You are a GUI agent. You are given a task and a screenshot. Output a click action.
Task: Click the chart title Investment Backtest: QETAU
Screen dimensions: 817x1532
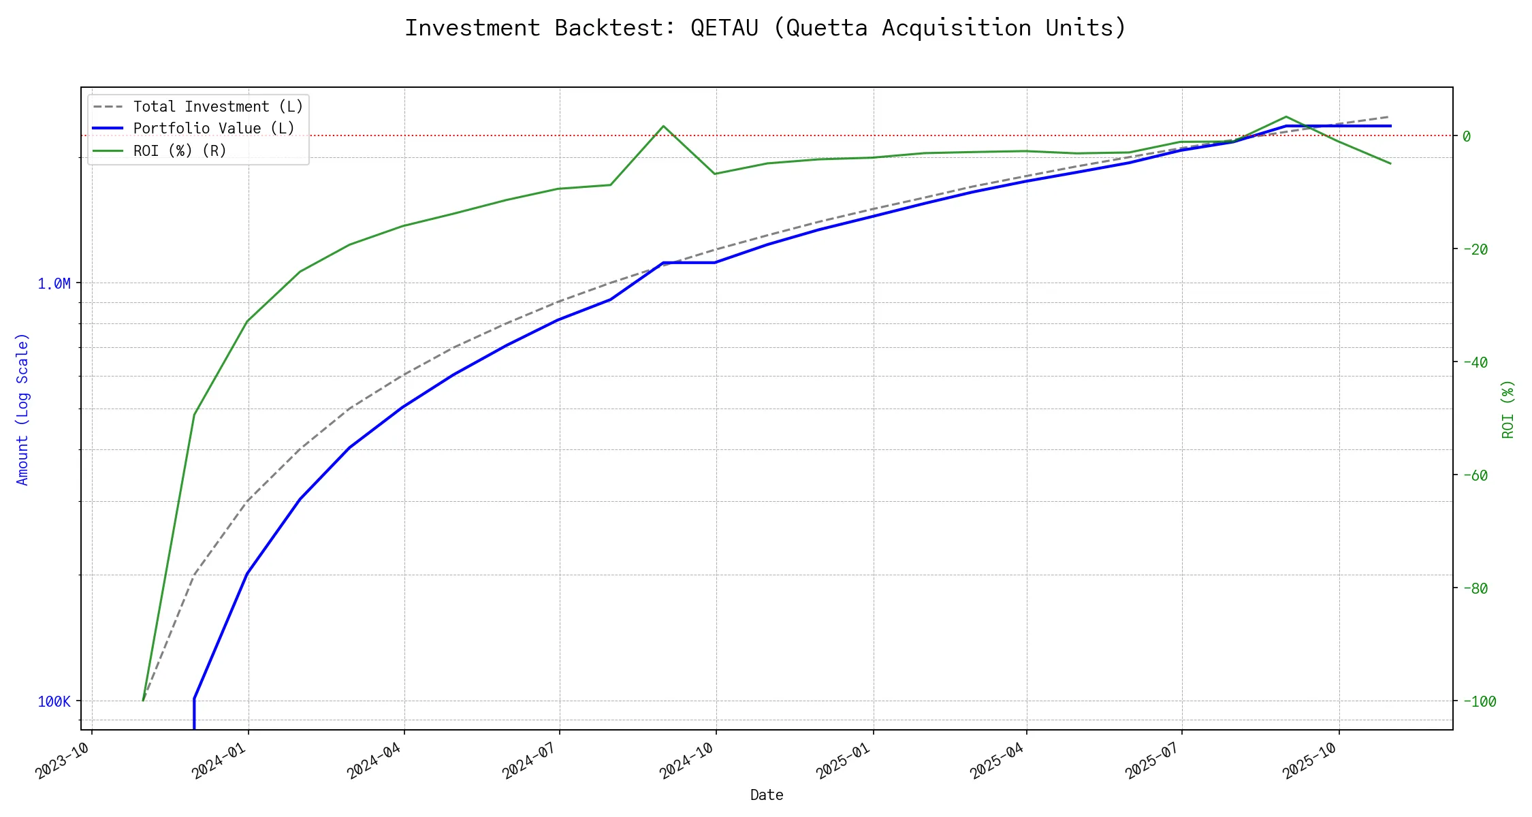pos(765,28)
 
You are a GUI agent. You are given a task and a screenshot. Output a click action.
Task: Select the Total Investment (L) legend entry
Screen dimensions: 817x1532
pos(218,107)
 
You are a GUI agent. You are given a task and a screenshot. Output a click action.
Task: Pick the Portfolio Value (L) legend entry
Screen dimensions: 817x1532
pos(214,129)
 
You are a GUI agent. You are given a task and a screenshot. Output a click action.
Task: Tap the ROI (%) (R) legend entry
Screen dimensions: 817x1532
pos(180,150)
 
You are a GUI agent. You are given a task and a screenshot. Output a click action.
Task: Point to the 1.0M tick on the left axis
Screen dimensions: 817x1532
pos(54,283)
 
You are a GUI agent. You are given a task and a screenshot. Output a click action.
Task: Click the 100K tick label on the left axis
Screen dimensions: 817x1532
pos(54,701)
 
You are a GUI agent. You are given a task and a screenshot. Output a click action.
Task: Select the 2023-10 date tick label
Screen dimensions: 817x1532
pos(63,760)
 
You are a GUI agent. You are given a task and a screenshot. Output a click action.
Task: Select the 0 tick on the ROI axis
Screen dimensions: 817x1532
pos(1467,136)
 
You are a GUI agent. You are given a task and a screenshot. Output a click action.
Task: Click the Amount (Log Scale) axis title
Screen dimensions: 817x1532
pos(23,408)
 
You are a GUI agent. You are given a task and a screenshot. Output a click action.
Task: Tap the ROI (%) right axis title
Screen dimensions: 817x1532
pos(1507,408)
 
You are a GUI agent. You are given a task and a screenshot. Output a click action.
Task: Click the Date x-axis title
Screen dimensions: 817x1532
pos(767,795)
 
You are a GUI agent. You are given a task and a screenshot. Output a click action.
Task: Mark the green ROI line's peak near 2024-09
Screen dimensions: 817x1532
pos(663,126)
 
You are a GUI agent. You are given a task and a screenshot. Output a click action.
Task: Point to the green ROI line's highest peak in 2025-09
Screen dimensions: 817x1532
pos(1286,116)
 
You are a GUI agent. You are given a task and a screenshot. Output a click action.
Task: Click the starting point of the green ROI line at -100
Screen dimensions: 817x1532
pos(143,700)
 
